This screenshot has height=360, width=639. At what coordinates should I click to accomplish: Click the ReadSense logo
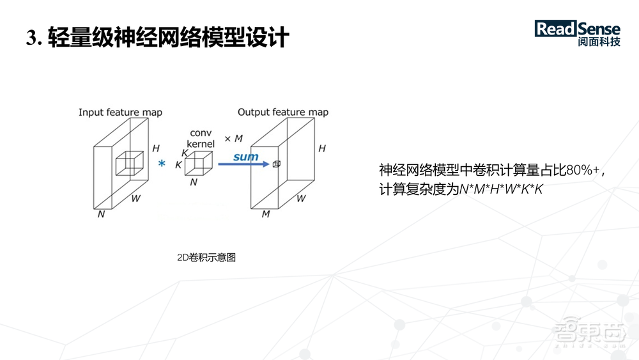pos(577,29)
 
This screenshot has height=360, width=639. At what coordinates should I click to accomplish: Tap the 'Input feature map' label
pos(120,113)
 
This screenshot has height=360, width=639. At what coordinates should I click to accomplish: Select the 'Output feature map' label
pos(283,113)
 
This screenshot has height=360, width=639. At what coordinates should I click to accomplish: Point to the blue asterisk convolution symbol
pos(162,165)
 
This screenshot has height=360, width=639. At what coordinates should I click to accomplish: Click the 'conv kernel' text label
pos(201,139)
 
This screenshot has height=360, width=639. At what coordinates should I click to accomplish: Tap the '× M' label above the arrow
pos(233,139)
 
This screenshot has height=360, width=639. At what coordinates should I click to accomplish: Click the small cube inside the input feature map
pos(130,163)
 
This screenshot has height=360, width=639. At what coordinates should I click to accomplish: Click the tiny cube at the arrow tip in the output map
pos(277,164)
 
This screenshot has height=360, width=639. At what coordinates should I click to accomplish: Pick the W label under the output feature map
pos(300,198)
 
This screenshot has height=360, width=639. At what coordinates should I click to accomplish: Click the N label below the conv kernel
pos(194,182)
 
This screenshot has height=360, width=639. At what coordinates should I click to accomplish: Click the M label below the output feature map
pos(265,214)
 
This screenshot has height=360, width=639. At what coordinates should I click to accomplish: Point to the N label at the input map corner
pos(101,214)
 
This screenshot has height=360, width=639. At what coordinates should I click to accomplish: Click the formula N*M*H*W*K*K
pos(501,190)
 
